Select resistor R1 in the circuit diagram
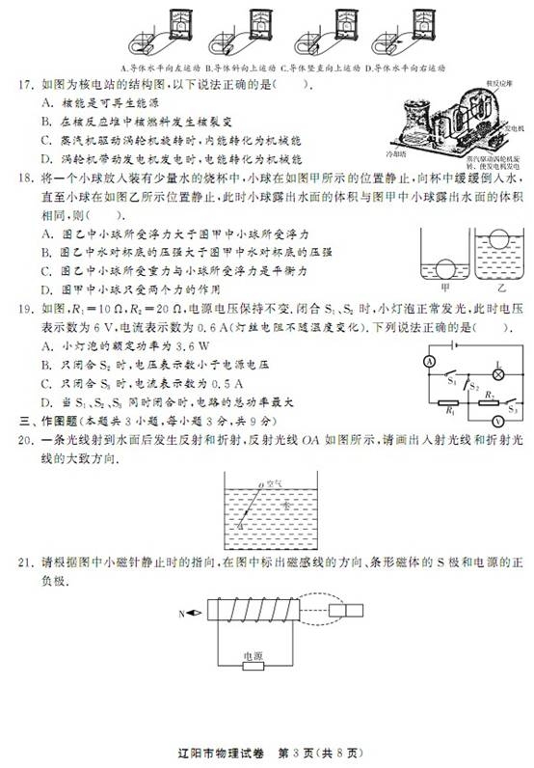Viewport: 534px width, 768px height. [x=451, y=403]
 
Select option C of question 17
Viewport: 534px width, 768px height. [x=46, y=138]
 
